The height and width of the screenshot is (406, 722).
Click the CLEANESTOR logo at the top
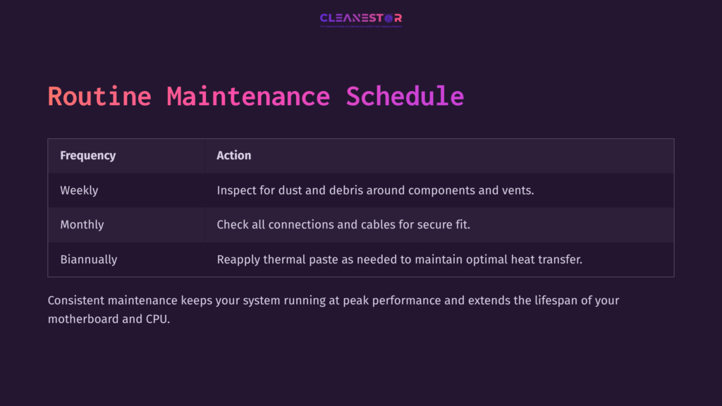360,18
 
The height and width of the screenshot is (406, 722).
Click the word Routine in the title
99,97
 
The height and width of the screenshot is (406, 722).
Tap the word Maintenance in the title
248,97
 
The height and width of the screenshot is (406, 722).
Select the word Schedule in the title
405,97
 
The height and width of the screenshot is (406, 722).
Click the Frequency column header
88,155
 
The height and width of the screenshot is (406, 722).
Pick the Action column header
234,155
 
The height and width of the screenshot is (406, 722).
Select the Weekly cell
79,190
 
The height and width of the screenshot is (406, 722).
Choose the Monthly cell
82,225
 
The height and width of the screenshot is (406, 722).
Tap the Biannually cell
89,259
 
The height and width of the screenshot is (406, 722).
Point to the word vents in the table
518,190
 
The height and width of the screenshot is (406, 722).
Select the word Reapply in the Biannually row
238,259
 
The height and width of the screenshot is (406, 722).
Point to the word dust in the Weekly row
295,190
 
